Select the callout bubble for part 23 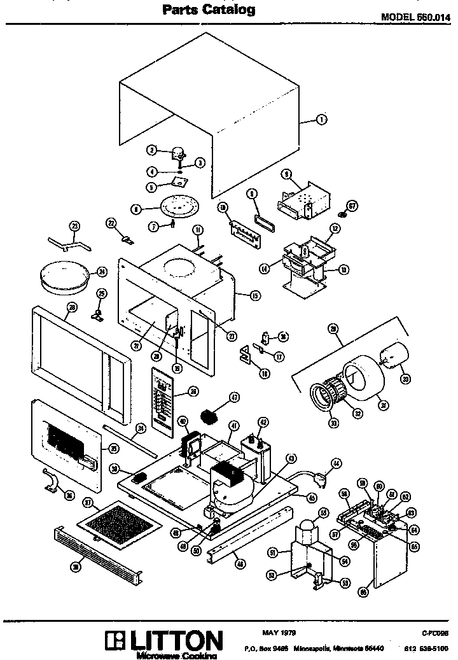(x=74, y=227)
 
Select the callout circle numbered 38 (x=76, y=567)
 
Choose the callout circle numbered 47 (x=235, y=397)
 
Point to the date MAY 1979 (x=279, y=632)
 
